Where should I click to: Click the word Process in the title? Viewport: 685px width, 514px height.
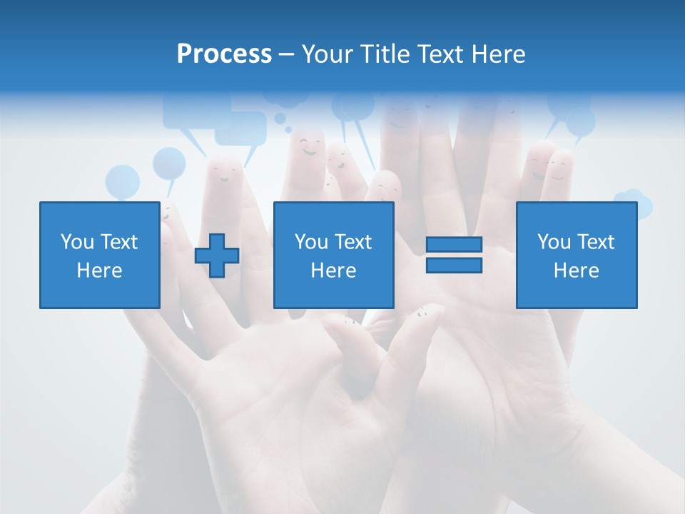point(224,54)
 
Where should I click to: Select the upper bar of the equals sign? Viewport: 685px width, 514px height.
point(454,245)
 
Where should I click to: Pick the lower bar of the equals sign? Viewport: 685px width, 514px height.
point(454,265)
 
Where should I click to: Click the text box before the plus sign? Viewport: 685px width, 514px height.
point(99,255)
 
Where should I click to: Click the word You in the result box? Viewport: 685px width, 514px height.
point(554,242)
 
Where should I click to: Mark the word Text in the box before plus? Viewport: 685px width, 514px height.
point(118,242)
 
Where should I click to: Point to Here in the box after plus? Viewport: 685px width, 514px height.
point(333,271)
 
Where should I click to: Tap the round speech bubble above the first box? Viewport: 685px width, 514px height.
point(122,182)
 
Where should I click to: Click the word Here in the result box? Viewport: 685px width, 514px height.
point(576,271)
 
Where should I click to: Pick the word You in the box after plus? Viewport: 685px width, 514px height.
point(311,242)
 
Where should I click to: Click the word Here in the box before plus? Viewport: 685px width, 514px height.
point(99,271)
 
